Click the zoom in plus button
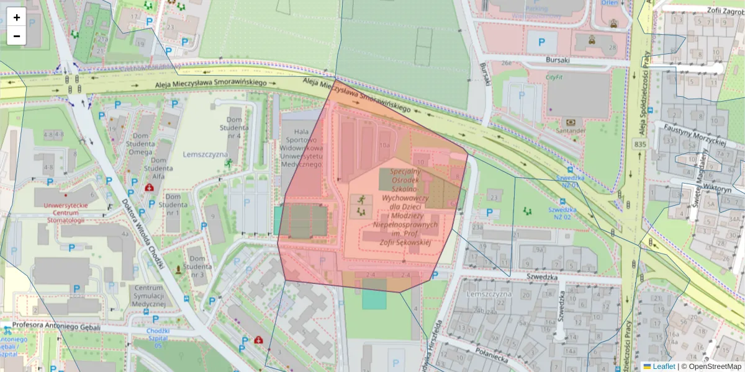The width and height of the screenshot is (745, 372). [x=17, y=17]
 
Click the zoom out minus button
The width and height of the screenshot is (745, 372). [x=17, y=36]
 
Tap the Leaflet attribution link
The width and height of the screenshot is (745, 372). [x=664, y=366]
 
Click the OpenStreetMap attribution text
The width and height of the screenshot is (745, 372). [x=714, y=366]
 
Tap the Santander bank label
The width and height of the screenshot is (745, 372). [x=571, y=131]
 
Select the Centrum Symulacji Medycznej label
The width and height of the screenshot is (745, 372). [x=148, y=296]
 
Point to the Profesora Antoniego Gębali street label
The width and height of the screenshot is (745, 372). [x=56, y=325]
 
